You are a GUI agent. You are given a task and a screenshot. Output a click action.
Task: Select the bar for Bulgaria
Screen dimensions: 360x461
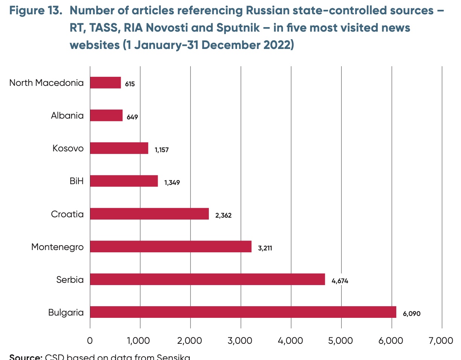tap(243, 312)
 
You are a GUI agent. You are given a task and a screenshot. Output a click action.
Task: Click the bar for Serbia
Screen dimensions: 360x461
tap(207, 279)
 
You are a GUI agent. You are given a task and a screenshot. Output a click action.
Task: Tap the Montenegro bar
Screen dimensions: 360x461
tap(170, 247)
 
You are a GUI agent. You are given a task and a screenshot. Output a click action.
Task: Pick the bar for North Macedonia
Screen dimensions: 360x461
tap(105, 82)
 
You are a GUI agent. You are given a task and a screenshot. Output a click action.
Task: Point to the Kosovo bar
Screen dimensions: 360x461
tap(119, 148)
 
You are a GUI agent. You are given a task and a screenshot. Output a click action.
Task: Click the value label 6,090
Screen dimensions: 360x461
tap(411, 313)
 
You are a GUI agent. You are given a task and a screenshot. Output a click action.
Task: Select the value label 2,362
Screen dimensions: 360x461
tap(223, 216)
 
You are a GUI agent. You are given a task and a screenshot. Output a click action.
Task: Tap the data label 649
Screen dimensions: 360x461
tap(132, 117)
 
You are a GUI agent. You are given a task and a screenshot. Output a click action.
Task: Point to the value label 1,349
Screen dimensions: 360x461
tap(172, 183)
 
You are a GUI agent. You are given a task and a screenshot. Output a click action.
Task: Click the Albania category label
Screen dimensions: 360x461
tap(67, 115)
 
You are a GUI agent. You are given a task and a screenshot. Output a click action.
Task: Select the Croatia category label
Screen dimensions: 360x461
tap(67, 214)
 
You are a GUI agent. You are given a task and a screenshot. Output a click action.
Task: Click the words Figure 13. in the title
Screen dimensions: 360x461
tap(36, 10)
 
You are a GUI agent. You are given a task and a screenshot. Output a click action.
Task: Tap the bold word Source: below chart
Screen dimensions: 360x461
tap(26, 357)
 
